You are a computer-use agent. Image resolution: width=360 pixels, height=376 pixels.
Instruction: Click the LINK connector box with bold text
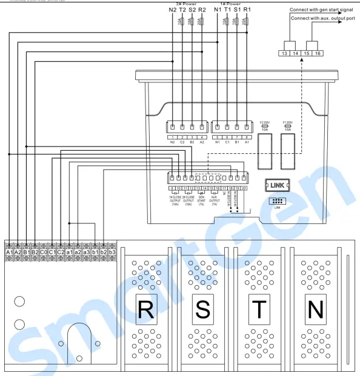tap(278, 185)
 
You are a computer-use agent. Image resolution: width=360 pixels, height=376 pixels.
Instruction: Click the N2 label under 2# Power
tap(172, 10)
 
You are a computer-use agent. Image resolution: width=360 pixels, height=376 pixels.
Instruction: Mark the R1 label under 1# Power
tap(247, 10)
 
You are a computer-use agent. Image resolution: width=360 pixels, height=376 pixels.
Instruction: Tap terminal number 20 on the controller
tap(244, 189)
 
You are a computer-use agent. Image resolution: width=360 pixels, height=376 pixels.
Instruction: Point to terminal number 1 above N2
tap(173, 137)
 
